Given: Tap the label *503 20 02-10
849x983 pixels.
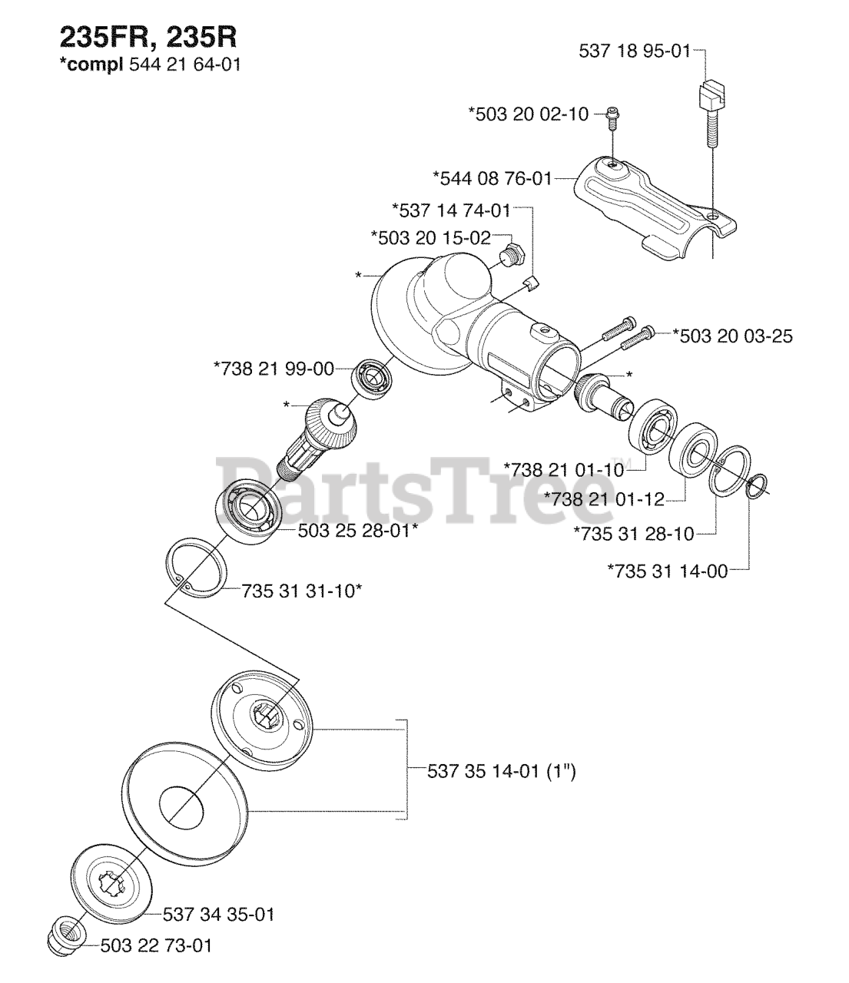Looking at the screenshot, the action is click(529, 114).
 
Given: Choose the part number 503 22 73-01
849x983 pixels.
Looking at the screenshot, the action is click(156, 945).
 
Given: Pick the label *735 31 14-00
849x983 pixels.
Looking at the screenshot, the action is click(667, 570).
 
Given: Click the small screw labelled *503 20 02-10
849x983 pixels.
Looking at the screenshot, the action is click(613, 116).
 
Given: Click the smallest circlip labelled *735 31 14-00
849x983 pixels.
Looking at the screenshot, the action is click(756, 486).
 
